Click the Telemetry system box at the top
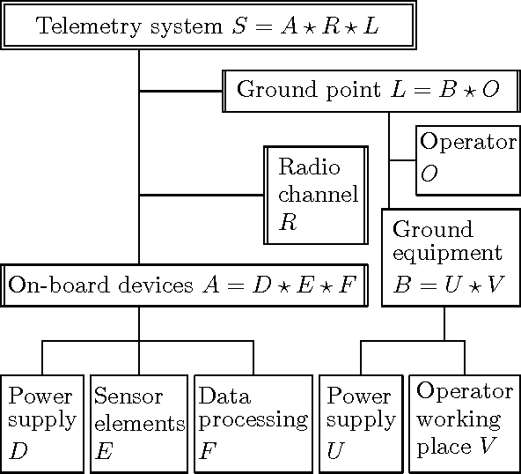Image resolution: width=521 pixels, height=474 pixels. [208, 25]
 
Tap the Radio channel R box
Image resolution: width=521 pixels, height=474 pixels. [316, 195]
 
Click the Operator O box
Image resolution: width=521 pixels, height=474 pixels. [467, 159]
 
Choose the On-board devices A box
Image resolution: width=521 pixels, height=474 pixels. [184, 285]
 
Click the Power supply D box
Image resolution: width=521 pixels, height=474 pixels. [42, 422]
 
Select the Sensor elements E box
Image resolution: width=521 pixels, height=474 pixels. [139, 422]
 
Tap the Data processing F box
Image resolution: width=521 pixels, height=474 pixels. [253, 422]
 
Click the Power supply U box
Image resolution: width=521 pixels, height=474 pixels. [361, 422]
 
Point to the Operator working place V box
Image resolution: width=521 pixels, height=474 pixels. [465, 422]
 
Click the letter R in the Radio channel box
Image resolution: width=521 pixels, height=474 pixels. [288, 221]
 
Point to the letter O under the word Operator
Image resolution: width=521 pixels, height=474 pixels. [429, 174]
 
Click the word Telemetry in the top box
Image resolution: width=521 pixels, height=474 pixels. [77, 26]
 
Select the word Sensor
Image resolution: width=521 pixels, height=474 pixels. [123, 396]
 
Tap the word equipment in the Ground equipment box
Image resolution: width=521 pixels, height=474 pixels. [447, 254]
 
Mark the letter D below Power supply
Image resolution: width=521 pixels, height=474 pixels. [18, 451]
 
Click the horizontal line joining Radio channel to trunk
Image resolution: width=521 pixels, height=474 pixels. [202, 195]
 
